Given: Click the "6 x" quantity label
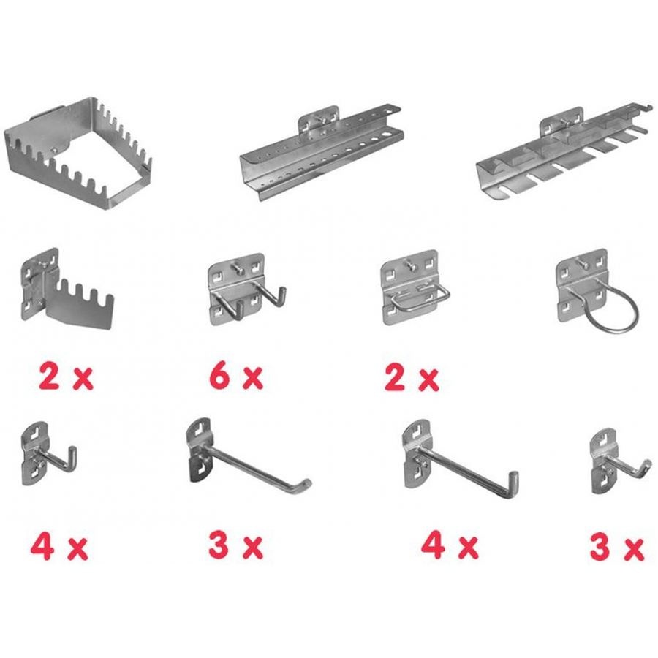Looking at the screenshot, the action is [236, 377].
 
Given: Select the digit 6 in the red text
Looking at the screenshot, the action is [219, 376].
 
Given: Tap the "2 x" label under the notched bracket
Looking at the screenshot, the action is [66, 377].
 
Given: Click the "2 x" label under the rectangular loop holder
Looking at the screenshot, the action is [411, 378].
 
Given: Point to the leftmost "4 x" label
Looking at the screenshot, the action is [59, 546].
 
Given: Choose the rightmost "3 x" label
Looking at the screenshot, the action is [616, 547].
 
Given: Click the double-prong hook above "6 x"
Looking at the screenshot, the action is [248, 289].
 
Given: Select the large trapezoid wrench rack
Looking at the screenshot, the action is [78, 154].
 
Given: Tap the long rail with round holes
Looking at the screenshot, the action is [322, 153].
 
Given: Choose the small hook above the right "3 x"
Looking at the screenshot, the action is [620, 461].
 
